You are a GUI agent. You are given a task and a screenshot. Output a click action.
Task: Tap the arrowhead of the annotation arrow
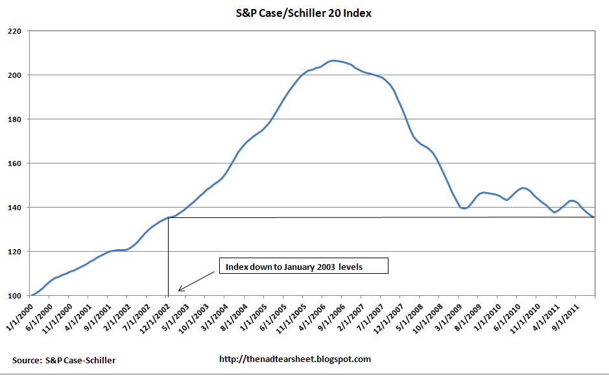(179, 289)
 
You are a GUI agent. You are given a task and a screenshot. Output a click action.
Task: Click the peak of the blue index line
(333, 60)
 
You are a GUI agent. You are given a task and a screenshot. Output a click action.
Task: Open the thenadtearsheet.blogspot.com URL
(295, 359)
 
